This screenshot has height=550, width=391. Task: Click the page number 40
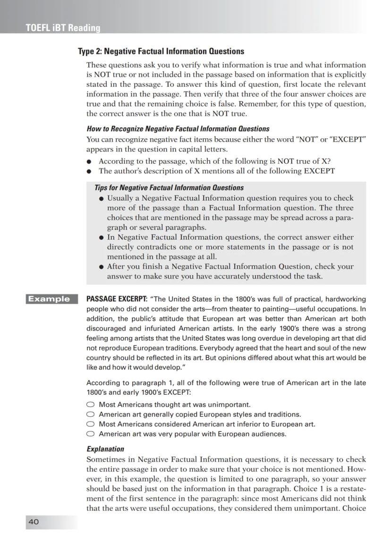point(34,522)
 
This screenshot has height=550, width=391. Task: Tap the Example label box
point(49,298)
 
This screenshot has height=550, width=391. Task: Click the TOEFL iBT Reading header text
point(63,28)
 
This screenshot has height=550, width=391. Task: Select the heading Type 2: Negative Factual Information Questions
point(161,51)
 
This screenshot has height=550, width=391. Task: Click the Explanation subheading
point(105,449)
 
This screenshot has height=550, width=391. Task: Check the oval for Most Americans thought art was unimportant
point(91,405)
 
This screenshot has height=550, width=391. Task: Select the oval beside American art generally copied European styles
point(91,415)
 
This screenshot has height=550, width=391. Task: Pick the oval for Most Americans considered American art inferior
point(91,424)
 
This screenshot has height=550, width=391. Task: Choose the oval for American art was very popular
point(91,434)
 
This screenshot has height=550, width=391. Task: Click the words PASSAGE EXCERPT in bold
point(117,299)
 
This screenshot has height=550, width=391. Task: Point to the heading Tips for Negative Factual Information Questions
point(169,187)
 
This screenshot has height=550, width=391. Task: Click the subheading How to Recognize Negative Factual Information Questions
point(178,128)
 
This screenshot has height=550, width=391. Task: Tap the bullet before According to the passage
point(89,161)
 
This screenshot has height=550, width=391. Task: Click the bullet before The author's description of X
point(89,171)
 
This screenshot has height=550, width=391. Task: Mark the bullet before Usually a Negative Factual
point(102,199)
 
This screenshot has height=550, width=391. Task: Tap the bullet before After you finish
point(102,267)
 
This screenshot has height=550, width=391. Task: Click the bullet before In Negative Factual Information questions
point(102,237)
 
